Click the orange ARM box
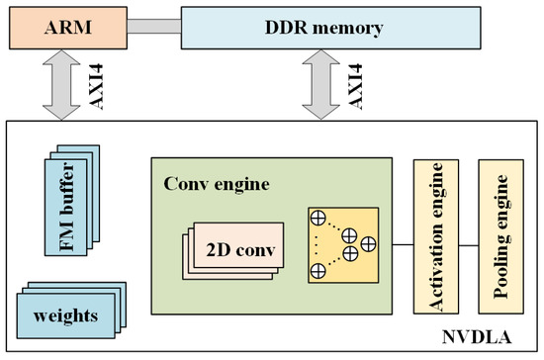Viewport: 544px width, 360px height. coord(60,28)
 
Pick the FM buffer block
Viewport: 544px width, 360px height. coord(72,198)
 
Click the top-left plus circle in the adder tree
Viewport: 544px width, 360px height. coord(318,217)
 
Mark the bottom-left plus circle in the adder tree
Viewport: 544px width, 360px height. coord(318,269)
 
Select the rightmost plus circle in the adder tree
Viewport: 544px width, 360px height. coord(367,242)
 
